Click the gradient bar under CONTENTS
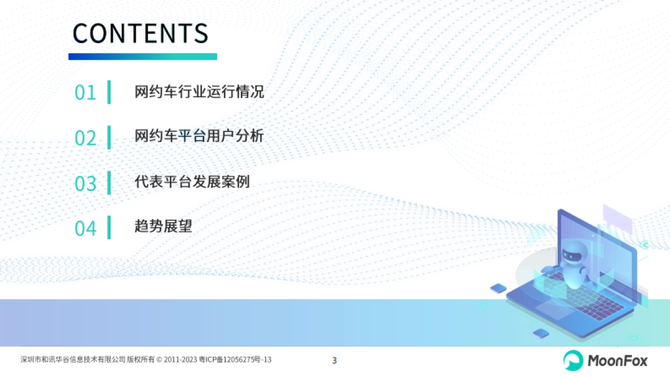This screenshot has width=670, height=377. pyautogui.click(x=142, y=56)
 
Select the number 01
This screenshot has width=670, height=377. pyautogui.click(x=85, y=93)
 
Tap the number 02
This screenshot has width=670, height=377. pyautogui.click(x=85, y=138)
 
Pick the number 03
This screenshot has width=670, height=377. pyautogui.click(x=85, y=183)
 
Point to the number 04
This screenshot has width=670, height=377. pyautogui.click(x=85, y=228)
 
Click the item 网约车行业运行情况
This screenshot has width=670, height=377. pyautogui.click(x=199, y=92)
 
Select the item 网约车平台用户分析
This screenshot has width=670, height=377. pyautogui.click(x=199, y=136)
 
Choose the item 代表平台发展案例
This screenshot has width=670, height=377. pyautogui.click(x=192, y=182)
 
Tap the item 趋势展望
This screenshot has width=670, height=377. pyautogui.click(x=163, y=226)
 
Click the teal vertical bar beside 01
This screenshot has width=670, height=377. pyautogui.click(x=109, y=92)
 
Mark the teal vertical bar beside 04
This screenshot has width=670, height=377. pyautogui.click(x=109, y=227)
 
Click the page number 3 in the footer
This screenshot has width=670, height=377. pyautogui.click(x=334, y=360)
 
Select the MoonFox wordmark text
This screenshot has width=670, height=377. pyautogui.click(x=617, y=361)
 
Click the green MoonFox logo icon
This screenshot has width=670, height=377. pyautogui.click(x=572, y=360)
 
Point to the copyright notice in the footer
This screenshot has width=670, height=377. pyautogui.click(x=146, y=360)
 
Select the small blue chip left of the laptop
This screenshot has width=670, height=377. pyautogui.click(x=498, y=288)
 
